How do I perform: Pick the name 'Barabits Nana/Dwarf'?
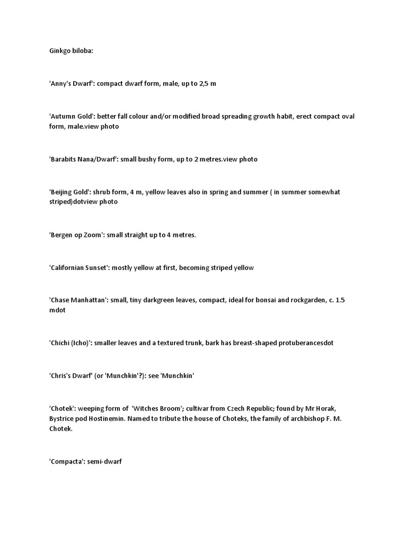point(79,159)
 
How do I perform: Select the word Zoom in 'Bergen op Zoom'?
point(92,235)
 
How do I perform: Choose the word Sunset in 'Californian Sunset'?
point(94,268)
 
